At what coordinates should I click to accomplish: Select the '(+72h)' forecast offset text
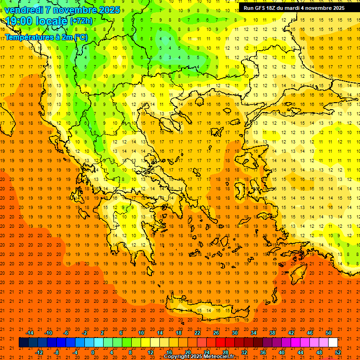81,21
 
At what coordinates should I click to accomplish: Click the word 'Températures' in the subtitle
27,37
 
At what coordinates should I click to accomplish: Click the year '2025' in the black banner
336,8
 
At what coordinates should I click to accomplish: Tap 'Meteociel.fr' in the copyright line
219,357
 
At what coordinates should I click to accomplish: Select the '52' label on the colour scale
338,352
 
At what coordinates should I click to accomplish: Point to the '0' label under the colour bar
93,352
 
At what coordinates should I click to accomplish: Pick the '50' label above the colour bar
328,333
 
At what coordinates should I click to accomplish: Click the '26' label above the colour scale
216,333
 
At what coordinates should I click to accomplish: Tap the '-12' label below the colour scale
39,352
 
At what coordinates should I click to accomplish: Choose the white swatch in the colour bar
333,343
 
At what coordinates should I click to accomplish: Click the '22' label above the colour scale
197,333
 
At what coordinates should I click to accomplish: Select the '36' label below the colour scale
263,352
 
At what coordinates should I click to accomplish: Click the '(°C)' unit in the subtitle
80,37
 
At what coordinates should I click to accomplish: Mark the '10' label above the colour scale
141,333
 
